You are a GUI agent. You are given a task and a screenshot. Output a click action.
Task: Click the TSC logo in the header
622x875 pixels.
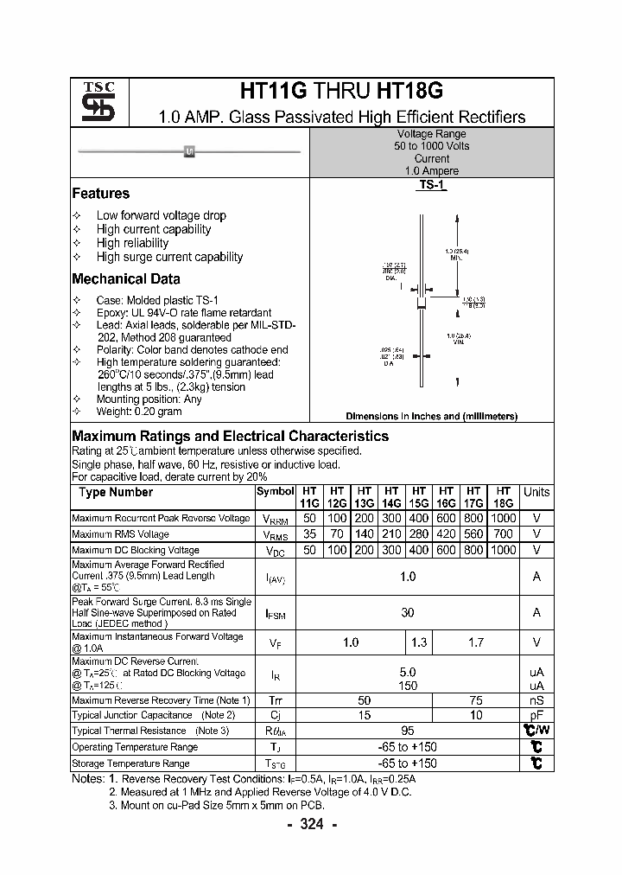tap(92, 102)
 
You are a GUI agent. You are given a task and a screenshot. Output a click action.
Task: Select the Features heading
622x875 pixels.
tap(100, 194)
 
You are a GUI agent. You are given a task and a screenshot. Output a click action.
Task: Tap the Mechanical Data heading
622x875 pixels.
tap(125, 278)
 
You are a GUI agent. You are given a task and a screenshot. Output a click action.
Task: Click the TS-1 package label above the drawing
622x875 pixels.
tap(431, 185)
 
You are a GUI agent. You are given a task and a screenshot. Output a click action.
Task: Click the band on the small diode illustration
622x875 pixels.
tap(189, 152)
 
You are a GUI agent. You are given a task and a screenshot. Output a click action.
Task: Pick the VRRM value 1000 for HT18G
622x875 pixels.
tap(504, 518)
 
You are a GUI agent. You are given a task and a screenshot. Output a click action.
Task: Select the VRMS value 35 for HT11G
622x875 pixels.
tap(309, 533)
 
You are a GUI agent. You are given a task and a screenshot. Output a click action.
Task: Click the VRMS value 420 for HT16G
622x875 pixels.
tap(447, 533)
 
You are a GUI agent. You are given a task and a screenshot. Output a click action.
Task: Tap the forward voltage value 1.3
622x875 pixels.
tap(419, 642)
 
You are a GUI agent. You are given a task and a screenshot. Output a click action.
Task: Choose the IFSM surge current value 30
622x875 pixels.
tap(408, 612)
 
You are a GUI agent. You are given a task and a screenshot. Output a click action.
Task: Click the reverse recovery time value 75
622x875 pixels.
tap(475, 699)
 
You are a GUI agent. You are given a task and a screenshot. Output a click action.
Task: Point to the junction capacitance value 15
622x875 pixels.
tap(365, 715)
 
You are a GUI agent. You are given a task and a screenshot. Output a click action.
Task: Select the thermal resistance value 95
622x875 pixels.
tap(408, 731)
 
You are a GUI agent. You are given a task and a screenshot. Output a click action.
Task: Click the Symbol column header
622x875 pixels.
tap(275, 491)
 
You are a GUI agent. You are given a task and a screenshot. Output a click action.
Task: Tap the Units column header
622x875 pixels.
tap(536, 492)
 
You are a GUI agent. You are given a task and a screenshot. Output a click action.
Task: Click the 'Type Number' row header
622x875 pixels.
tap(116, 492)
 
